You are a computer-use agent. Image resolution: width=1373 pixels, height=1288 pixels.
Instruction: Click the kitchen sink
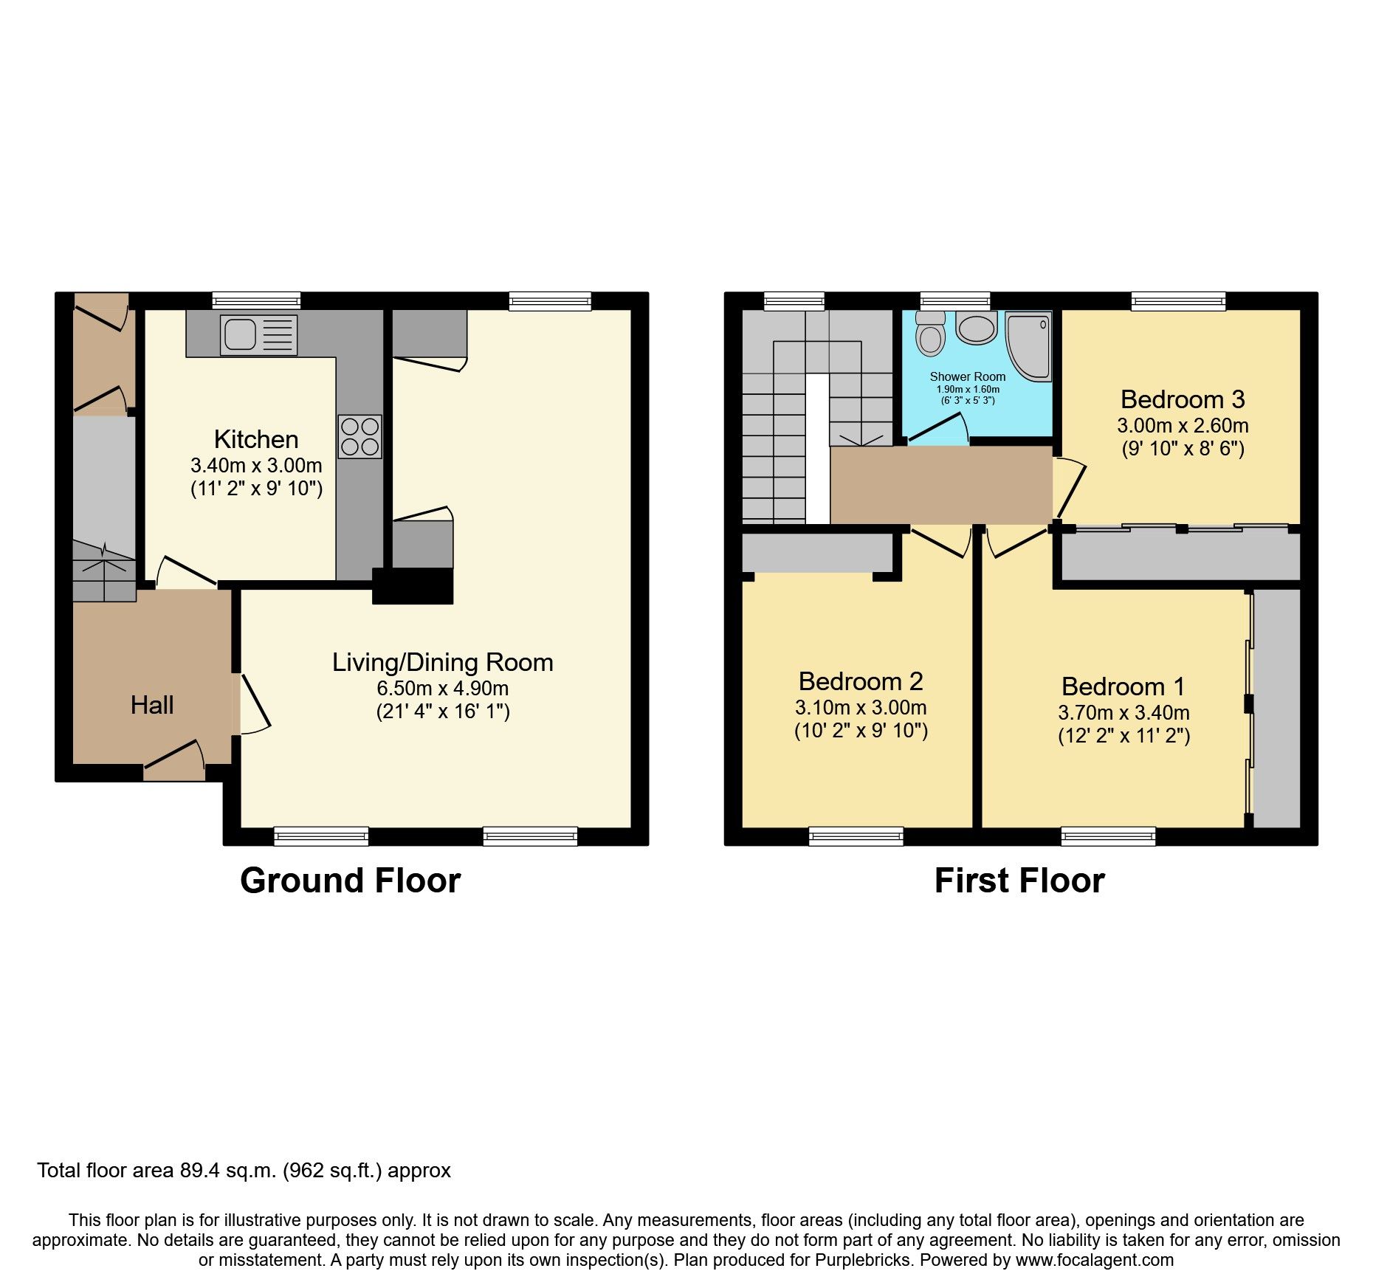tap(258, 335)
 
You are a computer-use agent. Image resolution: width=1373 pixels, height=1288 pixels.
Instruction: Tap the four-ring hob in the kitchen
tap(360, 436)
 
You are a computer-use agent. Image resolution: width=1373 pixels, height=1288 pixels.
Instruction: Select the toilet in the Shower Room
tap(930, 335)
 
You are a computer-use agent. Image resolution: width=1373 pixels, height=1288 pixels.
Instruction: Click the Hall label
tap(152, 705)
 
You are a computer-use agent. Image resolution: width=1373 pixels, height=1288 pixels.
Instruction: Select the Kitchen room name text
tap(256, 439)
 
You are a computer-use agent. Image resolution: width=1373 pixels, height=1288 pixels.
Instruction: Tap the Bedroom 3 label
tap(1183, 399)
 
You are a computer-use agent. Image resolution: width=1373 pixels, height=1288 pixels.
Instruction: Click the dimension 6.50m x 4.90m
tap(442, 688)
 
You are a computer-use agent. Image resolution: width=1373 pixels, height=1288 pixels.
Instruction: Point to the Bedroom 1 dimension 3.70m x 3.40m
tap(1123, 712)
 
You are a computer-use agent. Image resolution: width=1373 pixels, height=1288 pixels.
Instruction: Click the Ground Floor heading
tap(350, 881)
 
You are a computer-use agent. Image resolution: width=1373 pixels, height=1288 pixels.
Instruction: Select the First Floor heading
tap(1019, 881)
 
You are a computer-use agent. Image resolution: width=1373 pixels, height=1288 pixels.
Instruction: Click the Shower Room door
tap(937, 429)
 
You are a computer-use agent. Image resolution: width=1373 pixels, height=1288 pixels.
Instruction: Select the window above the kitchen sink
tap(256, 300)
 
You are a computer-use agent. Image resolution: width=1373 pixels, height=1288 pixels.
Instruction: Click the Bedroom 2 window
tap(856, 836)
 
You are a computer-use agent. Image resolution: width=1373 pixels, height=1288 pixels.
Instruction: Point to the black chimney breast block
tap(413, 586)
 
